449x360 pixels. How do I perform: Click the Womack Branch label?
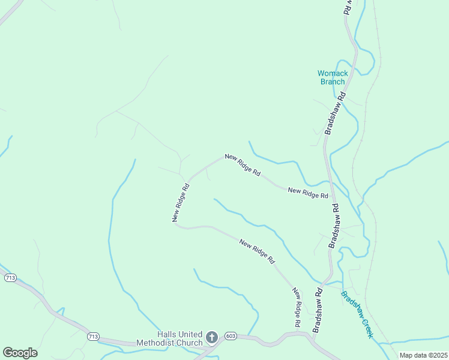tap(332, 77)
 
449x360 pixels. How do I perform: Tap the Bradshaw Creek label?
tap(357, 314)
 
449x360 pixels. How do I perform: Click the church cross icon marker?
tap(211, 338)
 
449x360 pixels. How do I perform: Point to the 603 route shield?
tap(231, 335)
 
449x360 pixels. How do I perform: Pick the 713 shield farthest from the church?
tap(10, 278)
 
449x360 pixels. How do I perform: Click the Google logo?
tap(20, 353)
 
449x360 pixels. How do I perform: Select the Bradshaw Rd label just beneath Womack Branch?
tap(335, 112)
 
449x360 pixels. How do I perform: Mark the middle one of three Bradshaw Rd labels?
tap(334, 226)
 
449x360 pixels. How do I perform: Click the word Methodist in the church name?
tap(152, 343)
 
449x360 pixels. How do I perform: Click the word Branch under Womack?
tap(332, 82)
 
